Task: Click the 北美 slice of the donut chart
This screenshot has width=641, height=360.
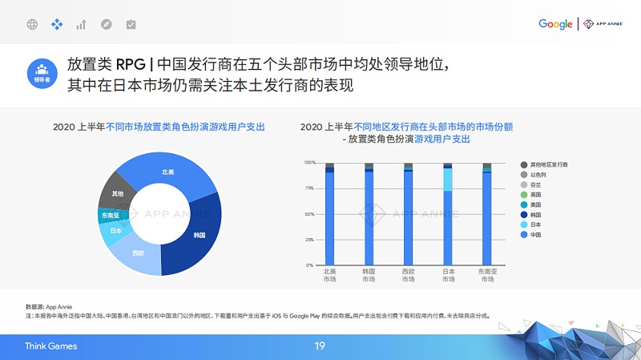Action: pyautogui.click(x=167, y=171)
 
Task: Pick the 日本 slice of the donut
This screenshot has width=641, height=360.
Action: pyautogui.click(x=115, y=231)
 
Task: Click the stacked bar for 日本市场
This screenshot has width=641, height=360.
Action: pyautogui.click(x=448, y=213)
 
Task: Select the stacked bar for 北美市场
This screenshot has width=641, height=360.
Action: pyautogui.click(x=329, y=213)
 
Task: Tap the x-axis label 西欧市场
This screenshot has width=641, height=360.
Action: pyautogui.click(x=409, y=275)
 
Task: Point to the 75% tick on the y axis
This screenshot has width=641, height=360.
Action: pyautogui.click(x=309, y=188)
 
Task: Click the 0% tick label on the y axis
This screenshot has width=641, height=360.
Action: pyautogui.click(x=310, y=265)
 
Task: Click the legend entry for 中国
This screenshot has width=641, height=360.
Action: pyautogui.click(x=535, y=236)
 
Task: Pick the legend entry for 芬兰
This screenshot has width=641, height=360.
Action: pyautogui.click(x=535, y=184)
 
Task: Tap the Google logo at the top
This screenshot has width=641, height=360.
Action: pyautogui.click(x=555, y=24)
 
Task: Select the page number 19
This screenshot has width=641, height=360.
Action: pyautogui.click(x=320, y=346)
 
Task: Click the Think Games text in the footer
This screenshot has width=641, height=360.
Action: pyautogui.click(x=50, y=346)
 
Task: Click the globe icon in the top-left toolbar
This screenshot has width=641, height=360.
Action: pyautogui.click(x=32, y=25)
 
